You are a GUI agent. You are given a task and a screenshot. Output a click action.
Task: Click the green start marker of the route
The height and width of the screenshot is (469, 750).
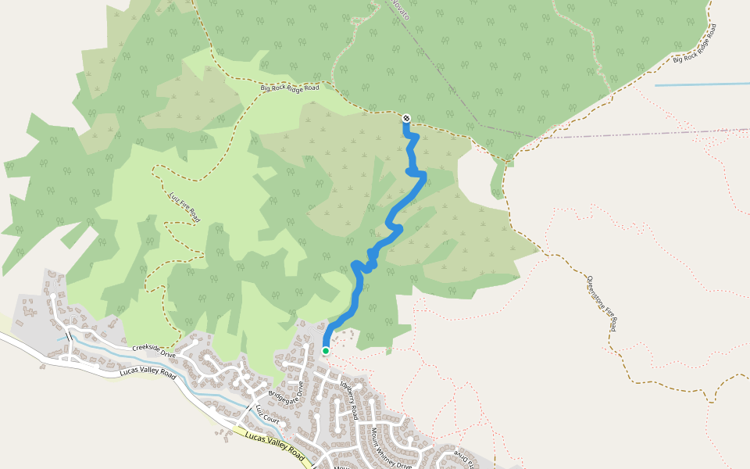click(x=326, y=351)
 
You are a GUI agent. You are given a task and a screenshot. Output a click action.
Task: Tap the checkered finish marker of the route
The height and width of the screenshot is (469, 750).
click(x=406, y=118)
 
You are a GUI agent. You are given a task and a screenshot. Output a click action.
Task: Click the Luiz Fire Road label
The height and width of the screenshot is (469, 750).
click(x=184, y=207)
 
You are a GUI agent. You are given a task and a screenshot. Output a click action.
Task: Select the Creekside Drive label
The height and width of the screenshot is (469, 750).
click(x=152, y=349)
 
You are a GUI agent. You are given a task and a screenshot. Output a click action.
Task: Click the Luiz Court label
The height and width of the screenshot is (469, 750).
click(x=266, y=415)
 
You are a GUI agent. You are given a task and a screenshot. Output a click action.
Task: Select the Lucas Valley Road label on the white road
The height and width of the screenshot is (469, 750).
click(x=147, y=372)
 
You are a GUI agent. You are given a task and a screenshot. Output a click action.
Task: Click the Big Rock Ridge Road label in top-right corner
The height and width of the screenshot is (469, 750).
click(x=695, y=45)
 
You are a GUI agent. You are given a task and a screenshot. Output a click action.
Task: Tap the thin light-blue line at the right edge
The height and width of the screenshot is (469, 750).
click(x=703, y=84)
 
